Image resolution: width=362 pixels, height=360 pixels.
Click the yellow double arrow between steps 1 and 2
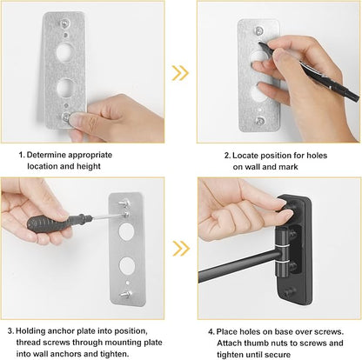[180, 73]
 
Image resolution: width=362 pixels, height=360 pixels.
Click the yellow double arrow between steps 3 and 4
[181, 249]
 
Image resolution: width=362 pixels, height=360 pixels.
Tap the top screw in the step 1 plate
[64, 23]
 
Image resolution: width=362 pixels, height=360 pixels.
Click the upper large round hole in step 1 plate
[64, 51]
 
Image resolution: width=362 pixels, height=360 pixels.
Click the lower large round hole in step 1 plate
[65, 88]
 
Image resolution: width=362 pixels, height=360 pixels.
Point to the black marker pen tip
[259, 44]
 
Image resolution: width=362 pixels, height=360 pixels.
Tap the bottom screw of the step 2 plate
[259, 120]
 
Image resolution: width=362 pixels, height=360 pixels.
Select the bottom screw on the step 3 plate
[126, 294]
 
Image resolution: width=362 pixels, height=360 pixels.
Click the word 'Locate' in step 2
[245, 156]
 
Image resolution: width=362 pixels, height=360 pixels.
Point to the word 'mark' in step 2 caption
[288, 167]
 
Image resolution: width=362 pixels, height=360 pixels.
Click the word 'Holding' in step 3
[30, 331]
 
